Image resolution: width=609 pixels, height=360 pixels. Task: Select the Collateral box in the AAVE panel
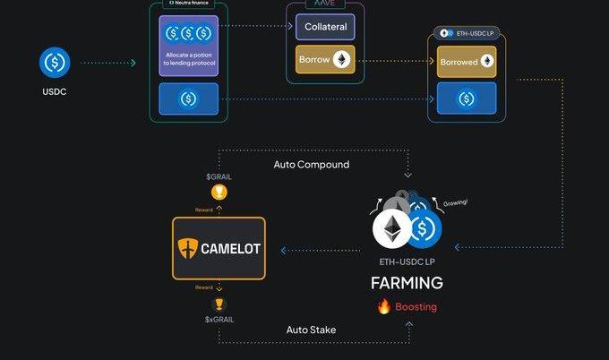coord(325,27)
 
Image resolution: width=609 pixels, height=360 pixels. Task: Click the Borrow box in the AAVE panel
coord(325,60)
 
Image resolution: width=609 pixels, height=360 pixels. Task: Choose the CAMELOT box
coord(219,248)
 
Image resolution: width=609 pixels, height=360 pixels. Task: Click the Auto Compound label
coord(312,165)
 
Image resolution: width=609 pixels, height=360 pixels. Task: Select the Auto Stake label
coord(311,330)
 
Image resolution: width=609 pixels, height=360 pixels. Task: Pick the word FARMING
coord(407,283)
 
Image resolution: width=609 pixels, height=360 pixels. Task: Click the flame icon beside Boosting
coord(384,306)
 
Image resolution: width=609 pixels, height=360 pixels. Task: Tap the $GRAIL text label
coord(218,178)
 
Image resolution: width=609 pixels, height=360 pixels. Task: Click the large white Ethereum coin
coord(394,230)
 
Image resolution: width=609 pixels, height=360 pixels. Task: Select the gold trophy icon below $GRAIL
coord(219,193)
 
